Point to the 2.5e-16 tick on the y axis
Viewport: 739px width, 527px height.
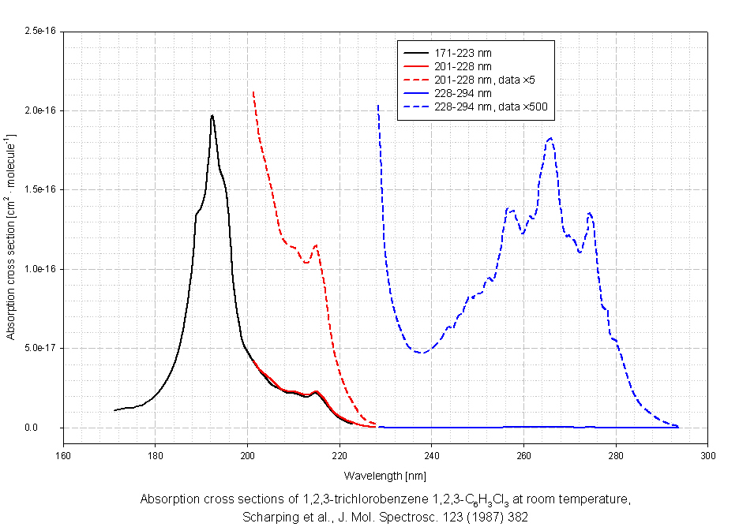(39, 31)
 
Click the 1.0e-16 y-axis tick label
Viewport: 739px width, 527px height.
(39, 269)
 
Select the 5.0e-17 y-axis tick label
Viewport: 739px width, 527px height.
(39, 349)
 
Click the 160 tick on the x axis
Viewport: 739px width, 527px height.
(63, 454)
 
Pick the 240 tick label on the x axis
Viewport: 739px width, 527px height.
(432, 454)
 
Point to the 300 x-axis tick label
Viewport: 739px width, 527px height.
(708, 454)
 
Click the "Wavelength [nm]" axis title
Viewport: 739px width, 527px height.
(385, 476)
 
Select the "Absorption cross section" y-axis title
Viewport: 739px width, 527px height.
(12, 237)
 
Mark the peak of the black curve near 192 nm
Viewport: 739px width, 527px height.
(212, 116)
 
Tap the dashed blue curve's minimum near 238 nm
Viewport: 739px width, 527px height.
(423, 353)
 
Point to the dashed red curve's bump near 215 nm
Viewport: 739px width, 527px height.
(316, 245)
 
